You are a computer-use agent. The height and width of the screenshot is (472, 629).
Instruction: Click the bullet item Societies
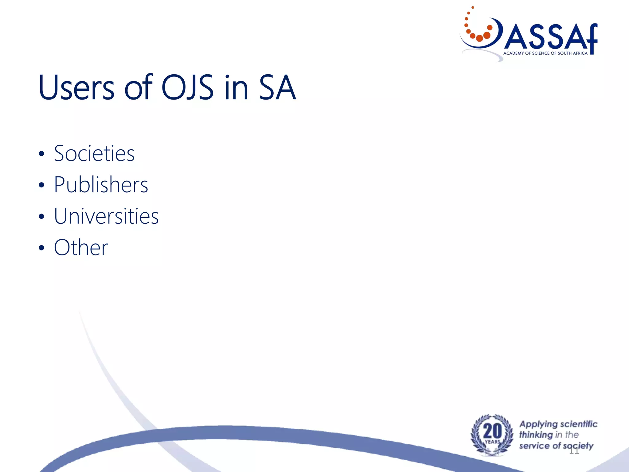tap(94, 153)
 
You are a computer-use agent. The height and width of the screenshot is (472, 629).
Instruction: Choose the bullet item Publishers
tap(101, 185)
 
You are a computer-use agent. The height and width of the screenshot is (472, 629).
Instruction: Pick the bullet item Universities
tap(106, 216)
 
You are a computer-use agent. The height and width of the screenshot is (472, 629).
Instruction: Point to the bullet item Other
tap(81, 247)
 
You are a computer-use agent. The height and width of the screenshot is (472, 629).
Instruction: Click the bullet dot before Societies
tap(42, 154)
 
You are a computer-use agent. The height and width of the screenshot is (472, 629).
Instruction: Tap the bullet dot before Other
tap(42, 248)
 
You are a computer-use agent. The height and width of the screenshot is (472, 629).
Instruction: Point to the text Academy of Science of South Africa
tap(545, 53)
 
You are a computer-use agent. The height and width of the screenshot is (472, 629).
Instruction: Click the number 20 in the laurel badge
tap(492, 431)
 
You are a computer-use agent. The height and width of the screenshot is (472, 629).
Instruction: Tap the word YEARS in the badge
tap(492, 442)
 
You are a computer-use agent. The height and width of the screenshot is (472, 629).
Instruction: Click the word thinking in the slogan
tap(536, 435)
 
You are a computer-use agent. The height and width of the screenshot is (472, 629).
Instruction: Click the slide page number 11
tap(574, 451)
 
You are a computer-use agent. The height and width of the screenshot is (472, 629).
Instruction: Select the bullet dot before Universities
tap(42, 216)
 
